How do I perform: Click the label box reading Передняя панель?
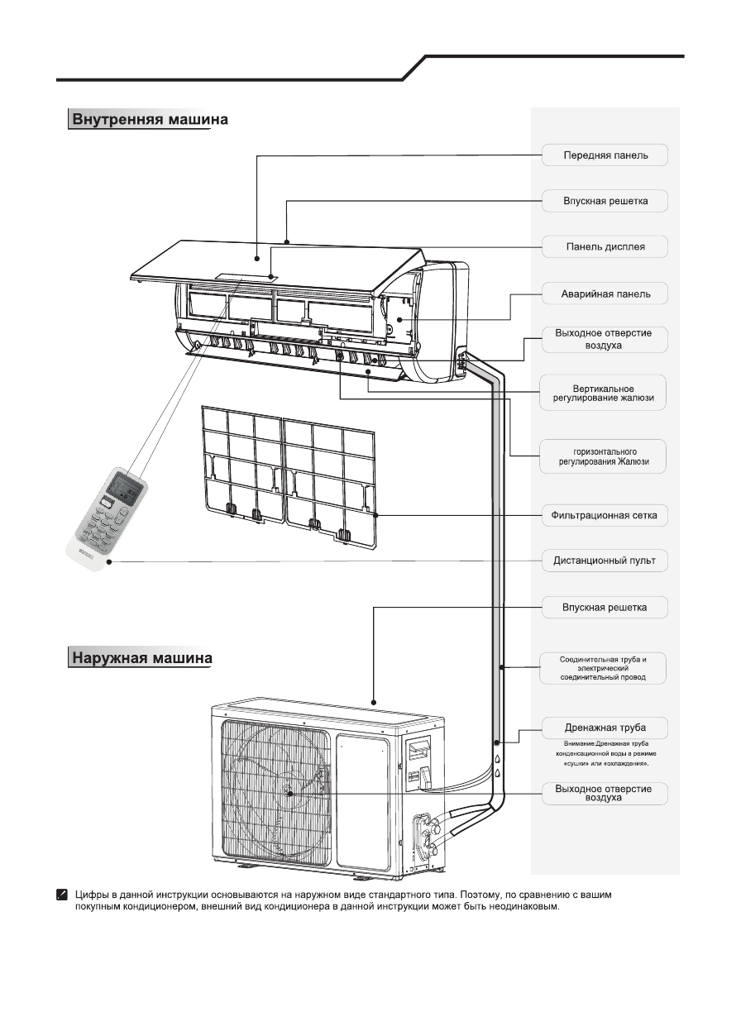point(605,155)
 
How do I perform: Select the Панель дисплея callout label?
point(605,246)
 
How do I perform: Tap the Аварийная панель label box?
point(605,294)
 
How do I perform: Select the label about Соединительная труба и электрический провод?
point(603,667)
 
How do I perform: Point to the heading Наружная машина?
point(141,658)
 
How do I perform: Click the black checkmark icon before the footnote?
point(61,895)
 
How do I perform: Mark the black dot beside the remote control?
point(108,561)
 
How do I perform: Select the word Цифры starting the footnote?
point(92,895)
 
